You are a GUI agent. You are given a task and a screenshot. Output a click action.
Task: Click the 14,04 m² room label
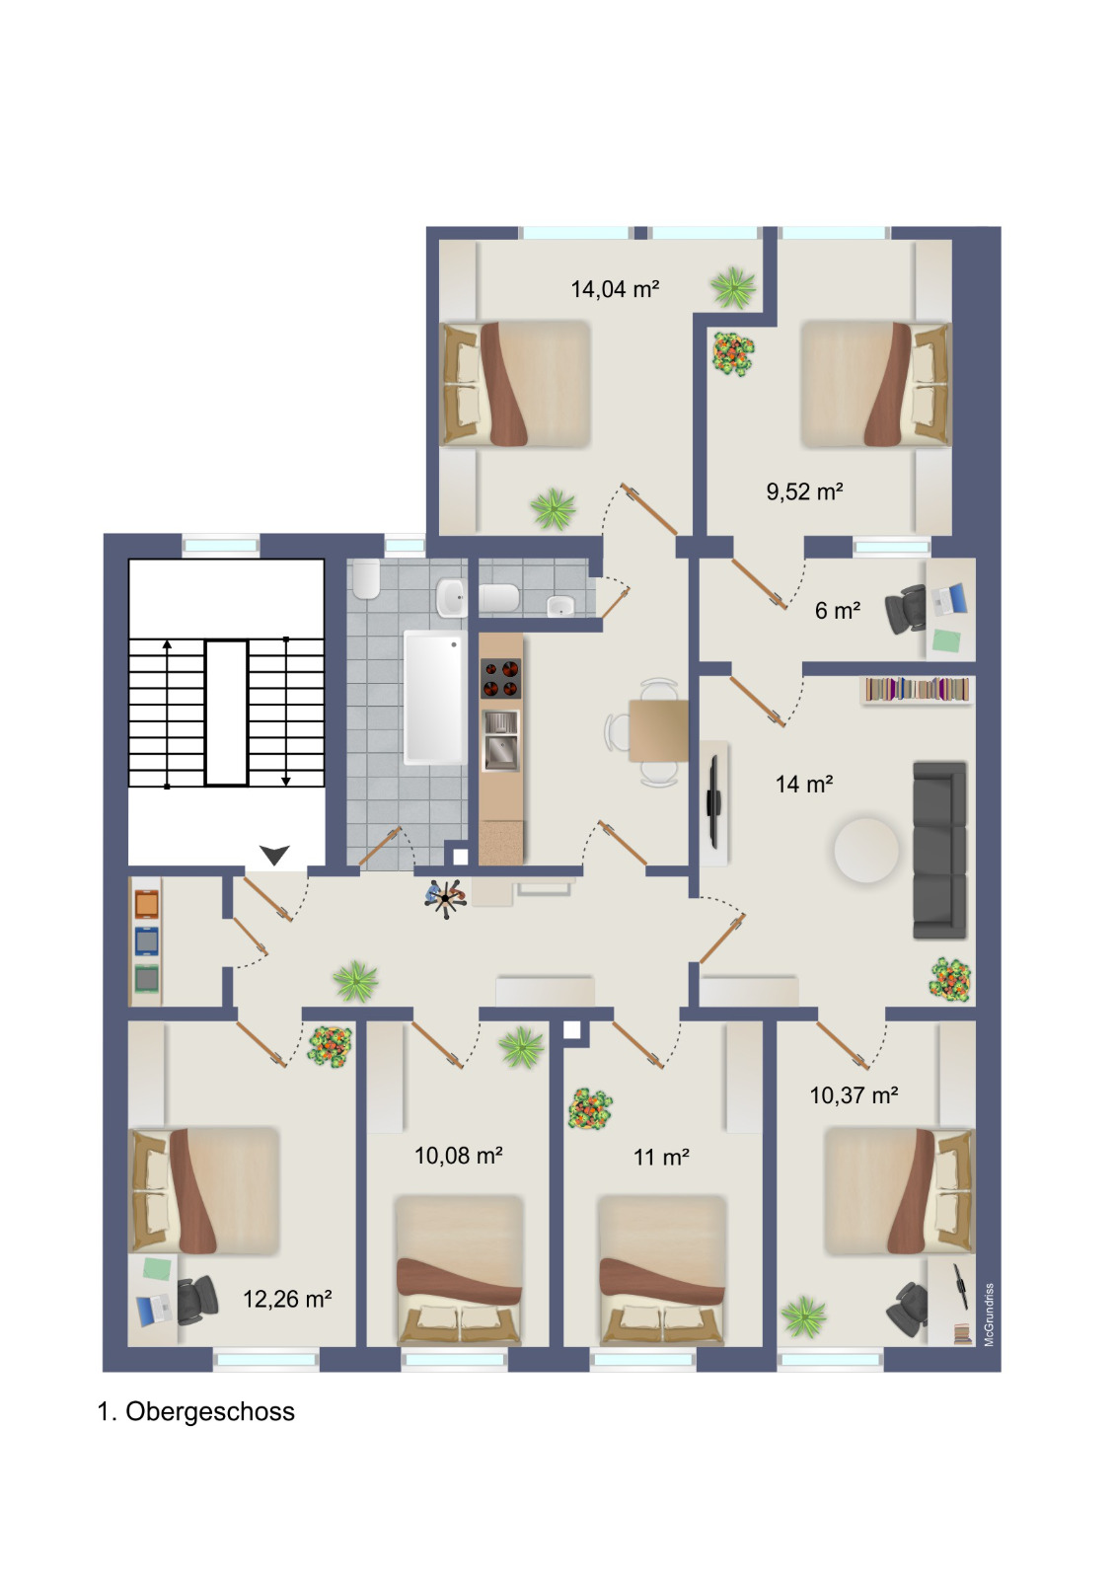(x=615, y=289)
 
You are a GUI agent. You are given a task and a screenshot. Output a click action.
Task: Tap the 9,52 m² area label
(x=804, y=491)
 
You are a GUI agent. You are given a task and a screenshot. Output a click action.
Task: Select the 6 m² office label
(x=838, y=611)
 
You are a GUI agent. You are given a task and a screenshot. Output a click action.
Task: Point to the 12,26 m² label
(x=287, y=1299)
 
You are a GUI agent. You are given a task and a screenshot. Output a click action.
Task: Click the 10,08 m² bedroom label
(x=458, y=1156)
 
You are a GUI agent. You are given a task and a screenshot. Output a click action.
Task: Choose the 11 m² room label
(x=661, y=1157)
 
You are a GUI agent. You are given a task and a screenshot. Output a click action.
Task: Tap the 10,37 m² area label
(x=854, y=1094)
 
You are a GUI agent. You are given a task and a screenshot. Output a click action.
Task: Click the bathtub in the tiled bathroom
(x=435, y=698)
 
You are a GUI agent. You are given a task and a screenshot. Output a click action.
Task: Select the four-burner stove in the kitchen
(x=500, y=678)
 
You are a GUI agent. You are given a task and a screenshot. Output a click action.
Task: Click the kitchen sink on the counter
(x=500, y=740)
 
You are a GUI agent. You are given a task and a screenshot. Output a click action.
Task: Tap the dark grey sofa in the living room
(x=939, y=850)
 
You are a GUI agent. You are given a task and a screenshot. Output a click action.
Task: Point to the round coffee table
(x=866, y=850)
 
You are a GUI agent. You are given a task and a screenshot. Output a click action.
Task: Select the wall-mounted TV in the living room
(x=713, y=801)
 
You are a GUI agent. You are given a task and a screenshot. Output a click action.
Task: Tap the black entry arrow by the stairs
(x=274, y=855)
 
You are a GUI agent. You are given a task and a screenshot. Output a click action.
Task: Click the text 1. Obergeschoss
(x=196, y=1411)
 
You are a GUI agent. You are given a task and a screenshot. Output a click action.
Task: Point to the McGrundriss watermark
(x=989, y=1315)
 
